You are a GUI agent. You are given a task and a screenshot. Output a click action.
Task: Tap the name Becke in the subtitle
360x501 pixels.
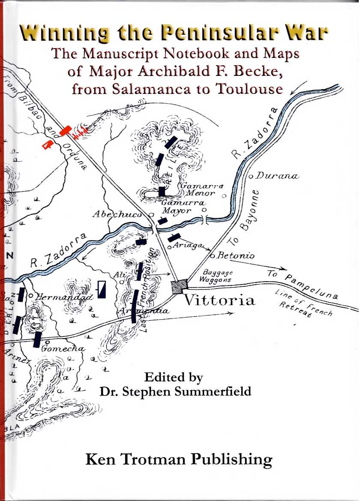click(261, 71)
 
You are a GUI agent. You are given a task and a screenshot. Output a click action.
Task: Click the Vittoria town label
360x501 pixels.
click(219, 300)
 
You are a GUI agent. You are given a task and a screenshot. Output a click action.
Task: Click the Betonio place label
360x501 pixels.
click(236, 256)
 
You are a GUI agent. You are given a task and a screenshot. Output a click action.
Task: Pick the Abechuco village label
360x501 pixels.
click(117, 215)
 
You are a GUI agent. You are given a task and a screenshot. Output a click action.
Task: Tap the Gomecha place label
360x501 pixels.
click(63, 349)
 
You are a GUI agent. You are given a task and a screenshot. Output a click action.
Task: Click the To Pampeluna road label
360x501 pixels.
click(303, 285)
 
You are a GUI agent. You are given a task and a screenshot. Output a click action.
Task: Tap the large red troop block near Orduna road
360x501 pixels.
click(65, 130)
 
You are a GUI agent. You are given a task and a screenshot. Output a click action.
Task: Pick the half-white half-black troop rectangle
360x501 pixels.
click(102, 289)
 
